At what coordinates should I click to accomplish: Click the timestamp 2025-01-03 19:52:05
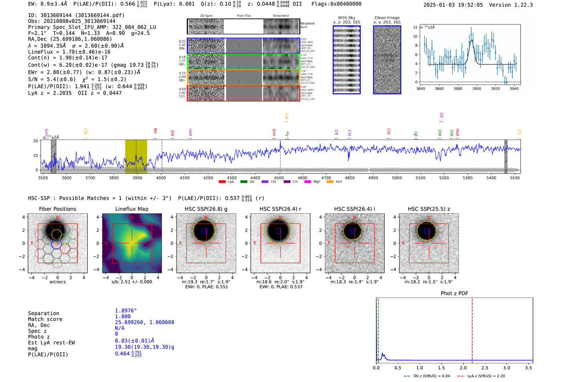pos(453,5)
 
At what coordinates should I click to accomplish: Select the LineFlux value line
pos(69,52)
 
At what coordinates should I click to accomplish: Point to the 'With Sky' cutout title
pos(347,18)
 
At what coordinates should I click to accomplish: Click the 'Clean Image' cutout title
pos(387,18)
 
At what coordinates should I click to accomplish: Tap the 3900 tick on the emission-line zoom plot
pos(476,89)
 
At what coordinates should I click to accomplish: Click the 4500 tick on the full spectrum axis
pos(279,178)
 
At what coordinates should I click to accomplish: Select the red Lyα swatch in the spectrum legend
pos(222,182)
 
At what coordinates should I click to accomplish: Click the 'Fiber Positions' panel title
pos(57,209)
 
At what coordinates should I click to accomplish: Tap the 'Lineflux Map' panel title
pos(132,209)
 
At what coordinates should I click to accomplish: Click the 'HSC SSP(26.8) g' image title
pos(206,209)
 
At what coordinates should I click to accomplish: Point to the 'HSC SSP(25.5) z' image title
pos(429,209)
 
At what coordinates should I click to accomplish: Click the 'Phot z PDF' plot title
pos(454,293)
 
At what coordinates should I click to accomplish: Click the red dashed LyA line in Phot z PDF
pos(472,329)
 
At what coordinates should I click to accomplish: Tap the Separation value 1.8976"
pos(126,311)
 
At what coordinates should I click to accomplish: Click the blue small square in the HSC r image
pos(279,231)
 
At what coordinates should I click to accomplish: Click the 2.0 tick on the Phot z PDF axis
pos(463,368)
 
